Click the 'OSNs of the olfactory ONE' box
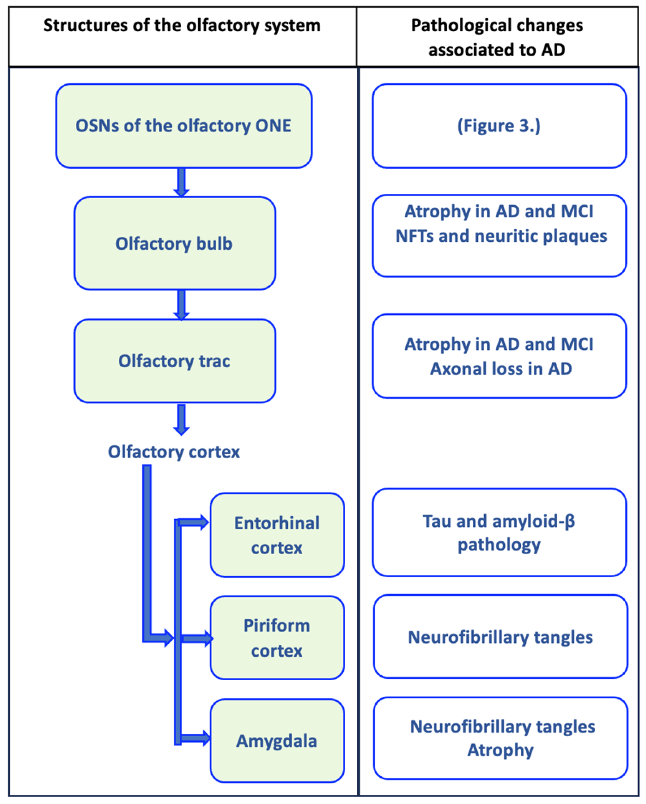(x=184, y=126)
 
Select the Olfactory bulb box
(x=175, y=244)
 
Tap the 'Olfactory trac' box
(x=175, y=361)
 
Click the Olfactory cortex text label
(x=174, y=452)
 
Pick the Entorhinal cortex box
(x=277, y=535)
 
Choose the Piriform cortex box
(x=277, y=638)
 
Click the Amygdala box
(x=277, y=741)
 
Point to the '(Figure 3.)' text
(x=499, y=126)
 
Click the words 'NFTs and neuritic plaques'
(x=501, y=236)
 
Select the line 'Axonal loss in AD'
(x=501, y=368)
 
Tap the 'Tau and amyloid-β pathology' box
(x=499, y=532)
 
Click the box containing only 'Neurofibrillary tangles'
(x=500, y=637)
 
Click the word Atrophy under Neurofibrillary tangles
(x=500, y=750)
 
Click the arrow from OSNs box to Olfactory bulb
(x=182, y=182)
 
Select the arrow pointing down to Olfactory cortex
(x=182, y=419)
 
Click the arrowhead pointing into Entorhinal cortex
(x=203, y=522)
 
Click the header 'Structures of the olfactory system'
(x=182, y=26)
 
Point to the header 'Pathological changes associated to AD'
(x=497, y=37)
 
